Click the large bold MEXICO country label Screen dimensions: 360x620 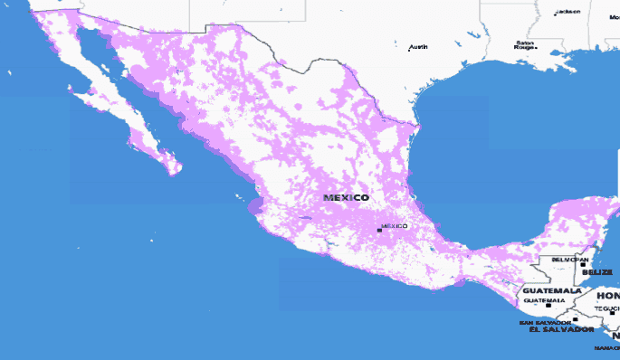tap(347, 197)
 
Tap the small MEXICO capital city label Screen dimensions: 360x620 tap(395, 225)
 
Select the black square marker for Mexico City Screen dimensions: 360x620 tap(379, 230)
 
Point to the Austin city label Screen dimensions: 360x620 tap(419, 46)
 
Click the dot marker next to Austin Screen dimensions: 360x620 tap(408, 50)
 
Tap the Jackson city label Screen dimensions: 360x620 tap(568, 12)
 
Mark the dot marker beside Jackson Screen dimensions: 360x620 tap(556, 14)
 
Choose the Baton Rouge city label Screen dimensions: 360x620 tap(525, 44)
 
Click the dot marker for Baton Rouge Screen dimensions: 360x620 tap(537, 48)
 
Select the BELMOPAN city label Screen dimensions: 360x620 tap(570, 259)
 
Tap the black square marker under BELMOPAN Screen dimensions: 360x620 tap(583, 265)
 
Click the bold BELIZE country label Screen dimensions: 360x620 tap(597, 271)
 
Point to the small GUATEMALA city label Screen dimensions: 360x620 tap(545, 299)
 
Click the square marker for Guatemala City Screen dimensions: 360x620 tap(547, 306)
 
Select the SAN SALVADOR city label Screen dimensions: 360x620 tap(545, 322)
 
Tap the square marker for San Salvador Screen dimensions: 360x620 tap(575, 319)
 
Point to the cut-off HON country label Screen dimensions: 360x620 tap(607, 296)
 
